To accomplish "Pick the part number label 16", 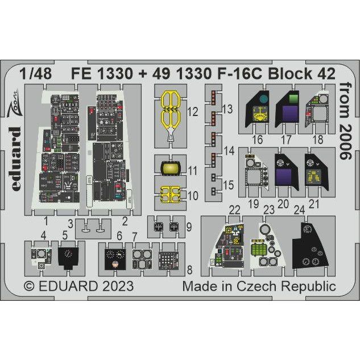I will pos(257,139).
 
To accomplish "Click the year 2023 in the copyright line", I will pos(118,286).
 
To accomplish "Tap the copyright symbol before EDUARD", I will pos(30,286).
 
